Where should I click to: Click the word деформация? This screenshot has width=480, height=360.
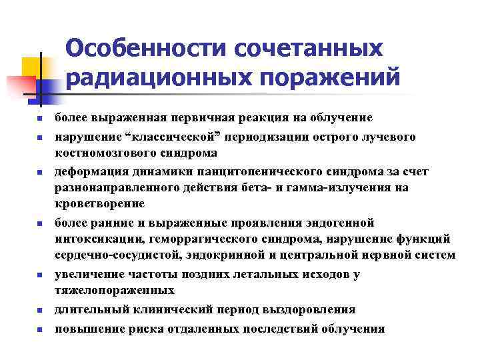pyautogui.click(x=88, y=172)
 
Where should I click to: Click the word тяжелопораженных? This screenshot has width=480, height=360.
pyautogui.click(x=115, y=290)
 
